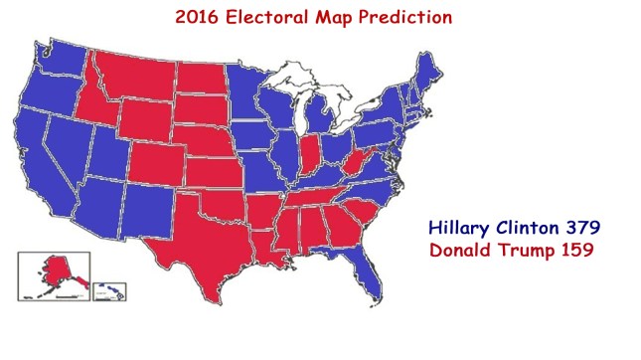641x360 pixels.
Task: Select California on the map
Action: [x=42, y=164]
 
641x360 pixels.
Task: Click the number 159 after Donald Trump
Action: [x=574, y=250]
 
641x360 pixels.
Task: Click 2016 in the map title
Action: [x=197, y=17]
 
